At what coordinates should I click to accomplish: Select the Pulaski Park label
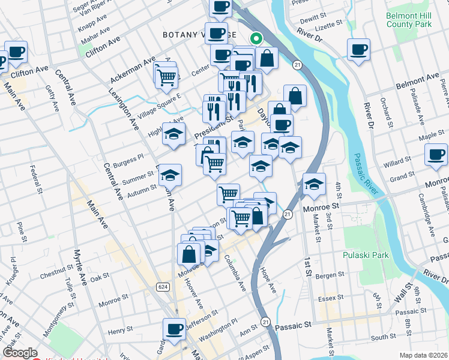pyautogui.click(x=366, y=255)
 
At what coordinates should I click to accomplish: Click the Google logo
pyautogui.click(x=19, y=352)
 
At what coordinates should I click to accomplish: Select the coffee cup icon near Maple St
pyautogui.click(x=435, y=155)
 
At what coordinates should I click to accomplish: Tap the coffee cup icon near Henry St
pyautogui.click(x=174, y=329)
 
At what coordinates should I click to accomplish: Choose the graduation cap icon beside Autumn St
pyautogui.click(x=170, y=175)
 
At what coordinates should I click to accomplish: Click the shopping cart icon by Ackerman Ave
pyautogui.click(x=166, y=76)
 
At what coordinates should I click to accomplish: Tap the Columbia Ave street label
pyautogui.click(x=235, y=274)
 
